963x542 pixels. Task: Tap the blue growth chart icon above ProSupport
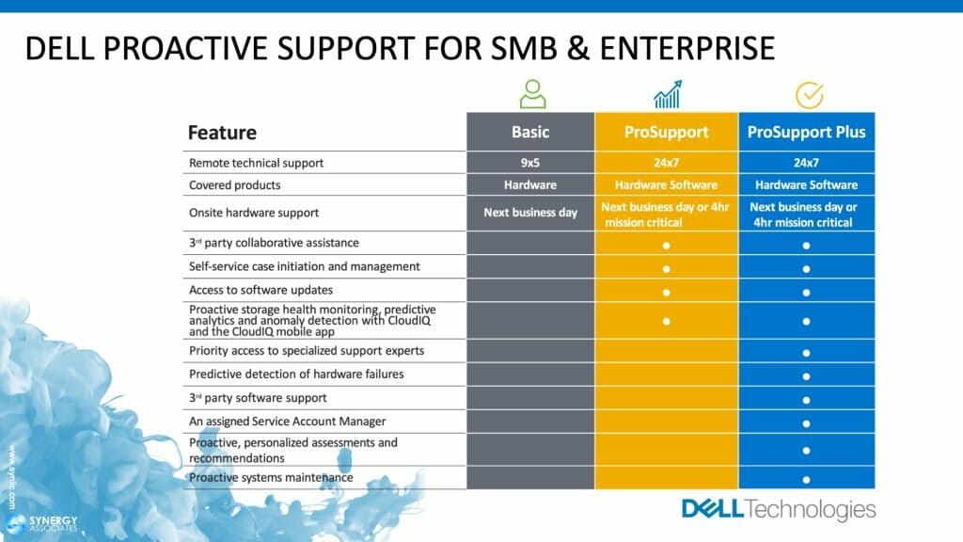(667, 94)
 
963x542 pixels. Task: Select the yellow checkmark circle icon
(809, 95)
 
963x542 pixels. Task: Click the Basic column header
(530, 132)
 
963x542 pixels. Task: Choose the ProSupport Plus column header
(806, 132)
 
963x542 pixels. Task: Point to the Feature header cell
(223, 133)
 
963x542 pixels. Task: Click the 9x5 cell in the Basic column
(530, 163)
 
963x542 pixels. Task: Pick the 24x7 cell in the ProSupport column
(666, 163)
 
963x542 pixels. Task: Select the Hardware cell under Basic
(530, 185)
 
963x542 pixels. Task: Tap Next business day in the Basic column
(530, 213)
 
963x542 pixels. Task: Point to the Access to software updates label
(260, 290)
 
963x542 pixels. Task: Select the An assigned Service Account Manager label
(274, 422)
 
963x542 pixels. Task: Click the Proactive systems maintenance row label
(271, 478)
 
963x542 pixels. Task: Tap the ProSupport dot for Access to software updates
(666, 291)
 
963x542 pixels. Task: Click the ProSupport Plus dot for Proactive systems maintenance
(806, 479)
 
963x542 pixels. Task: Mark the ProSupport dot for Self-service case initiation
(666, 267)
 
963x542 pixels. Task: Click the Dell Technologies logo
(778, 510)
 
